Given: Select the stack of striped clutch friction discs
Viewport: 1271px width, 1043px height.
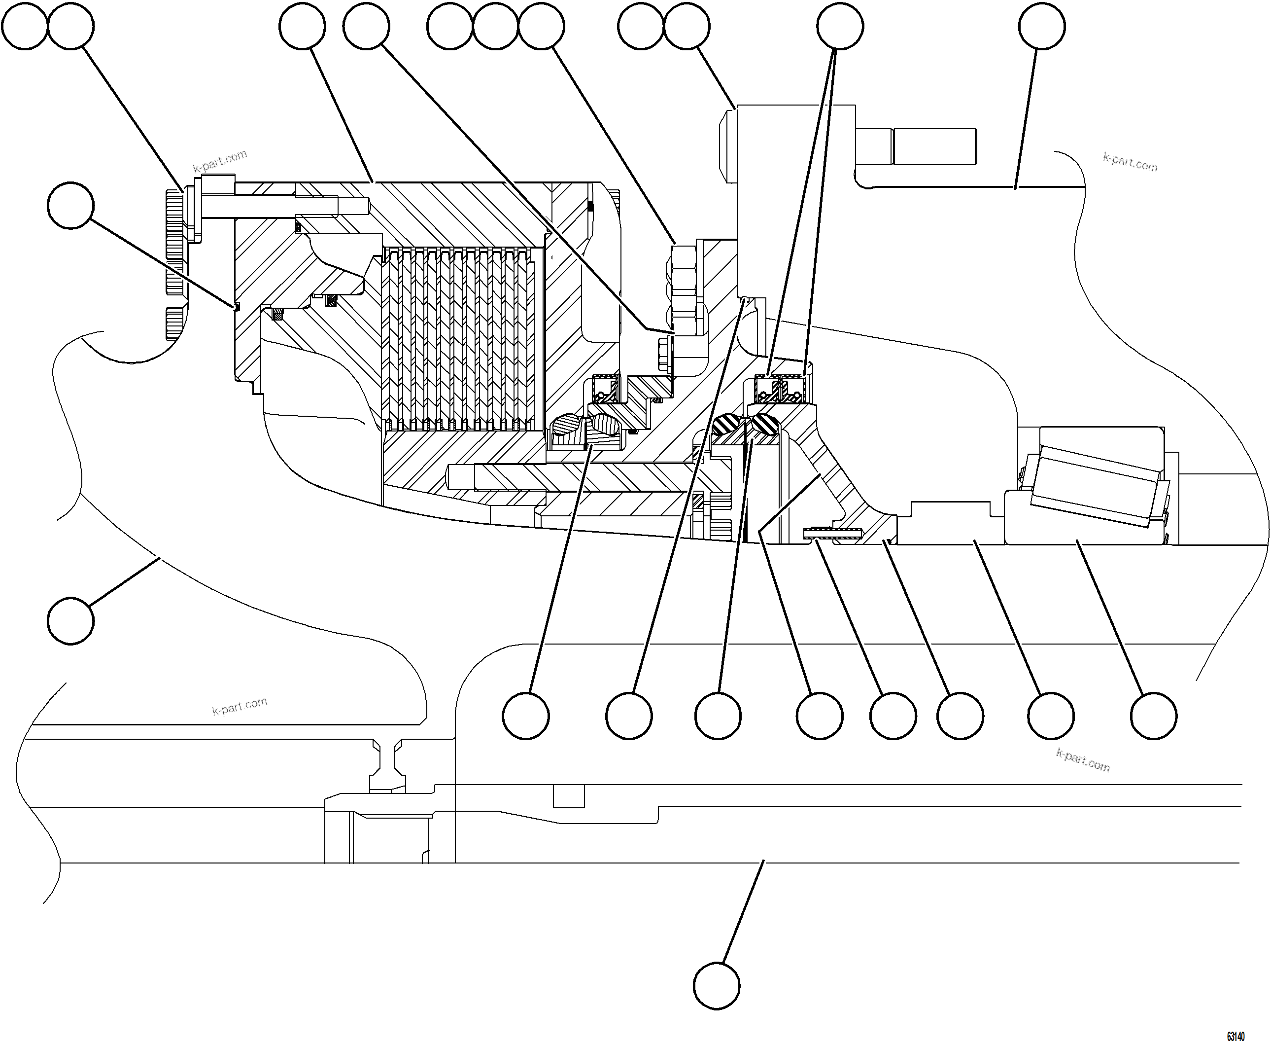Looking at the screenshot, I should [x=460, y=339].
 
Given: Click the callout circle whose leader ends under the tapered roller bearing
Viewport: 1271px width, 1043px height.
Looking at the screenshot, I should [x=1153, y=716].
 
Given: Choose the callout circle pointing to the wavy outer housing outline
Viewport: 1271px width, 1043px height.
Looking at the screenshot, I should [x=70, y=621].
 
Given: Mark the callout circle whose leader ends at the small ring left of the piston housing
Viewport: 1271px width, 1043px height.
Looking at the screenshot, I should [x=70, y=206].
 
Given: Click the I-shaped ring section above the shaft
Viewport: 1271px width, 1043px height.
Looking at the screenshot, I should [x=387, y=765].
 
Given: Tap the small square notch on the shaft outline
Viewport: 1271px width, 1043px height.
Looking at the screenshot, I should [x=569, y=796].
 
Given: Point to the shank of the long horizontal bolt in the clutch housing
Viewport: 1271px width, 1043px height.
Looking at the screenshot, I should [x=282, y=206].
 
